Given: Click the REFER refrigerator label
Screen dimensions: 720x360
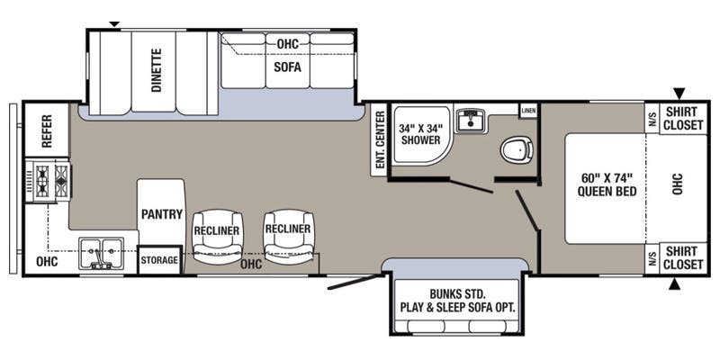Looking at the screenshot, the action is tap(48, 130).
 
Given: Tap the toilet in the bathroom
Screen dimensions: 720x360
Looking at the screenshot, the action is tap(517, 149).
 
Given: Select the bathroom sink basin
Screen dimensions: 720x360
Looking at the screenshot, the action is tap(470, 121).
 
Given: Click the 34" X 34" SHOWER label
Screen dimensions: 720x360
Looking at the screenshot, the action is tap(421, 134).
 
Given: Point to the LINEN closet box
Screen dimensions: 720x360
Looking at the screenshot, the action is tap(528, 111).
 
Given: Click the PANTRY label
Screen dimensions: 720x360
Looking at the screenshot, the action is tap(162, 214).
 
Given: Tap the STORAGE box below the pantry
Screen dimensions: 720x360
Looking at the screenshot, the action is tap(159, 260).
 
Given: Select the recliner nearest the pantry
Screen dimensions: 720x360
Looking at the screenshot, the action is tap(217, 237).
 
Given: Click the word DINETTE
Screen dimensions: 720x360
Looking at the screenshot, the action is tap(157, 70).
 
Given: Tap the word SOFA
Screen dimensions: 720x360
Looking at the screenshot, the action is tap(287, 67).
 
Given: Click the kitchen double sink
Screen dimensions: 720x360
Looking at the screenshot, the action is tap(101, 253).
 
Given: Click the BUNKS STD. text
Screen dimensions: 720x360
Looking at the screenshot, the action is tap(457, 293).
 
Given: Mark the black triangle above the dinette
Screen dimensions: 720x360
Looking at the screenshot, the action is tap(114, 24).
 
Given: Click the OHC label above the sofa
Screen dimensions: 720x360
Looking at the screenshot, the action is tap(288, 44).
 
